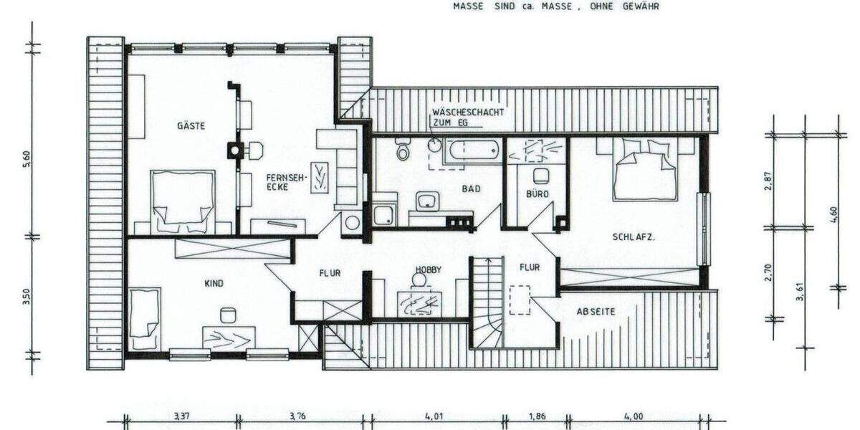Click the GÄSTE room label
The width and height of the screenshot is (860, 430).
click(x=191, y=126)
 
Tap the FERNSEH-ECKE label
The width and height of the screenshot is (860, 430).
click(x=277, y=182)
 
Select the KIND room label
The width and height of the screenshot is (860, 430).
click(x=214, y=284)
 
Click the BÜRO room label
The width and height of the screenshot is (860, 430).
click(x=537, y=193)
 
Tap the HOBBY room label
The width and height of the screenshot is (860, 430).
click(x=429, y=270)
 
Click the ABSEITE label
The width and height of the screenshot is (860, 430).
click(x=596, y=311)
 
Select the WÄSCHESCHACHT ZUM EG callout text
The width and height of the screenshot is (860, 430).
click(x=467, y=118)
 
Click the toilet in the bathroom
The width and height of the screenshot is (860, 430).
click(x=403, y=150)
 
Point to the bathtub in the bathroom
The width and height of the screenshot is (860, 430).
click(x=472, y=150)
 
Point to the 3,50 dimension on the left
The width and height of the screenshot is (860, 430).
click(x=25, y=295)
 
